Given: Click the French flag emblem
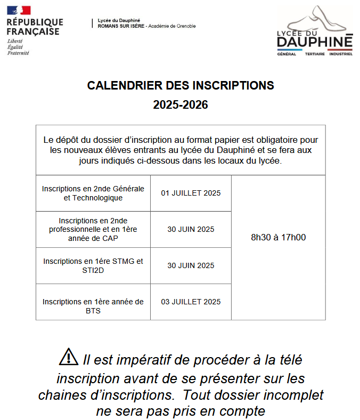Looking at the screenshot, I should coord(19,10).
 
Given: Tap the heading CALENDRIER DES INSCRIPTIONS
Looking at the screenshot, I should coord(181,85).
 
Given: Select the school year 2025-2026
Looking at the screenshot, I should coord(181,105).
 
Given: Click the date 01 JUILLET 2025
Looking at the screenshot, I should coord(191,193).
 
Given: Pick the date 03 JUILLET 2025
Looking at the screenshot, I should coord(191,302).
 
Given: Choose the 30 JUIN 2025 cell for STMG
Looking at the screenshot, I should coord(191,265).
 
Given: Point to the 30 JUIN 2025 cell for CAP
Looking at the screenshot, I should coord(191,229).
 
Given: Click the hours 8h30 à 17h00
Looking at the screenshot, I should coord(278,237).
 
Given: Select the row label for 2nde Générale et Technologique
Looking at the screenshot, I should coord(93,193).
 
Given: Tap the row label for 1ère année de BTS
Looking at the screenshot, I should coord(93,306).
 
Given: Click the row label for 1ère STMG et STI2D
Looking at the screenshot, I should coord(93,265).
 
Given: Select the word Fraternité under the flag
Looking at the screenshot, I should coord(18,53).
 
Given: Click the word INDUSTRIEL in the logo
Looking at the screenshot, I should coord(341,54).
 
